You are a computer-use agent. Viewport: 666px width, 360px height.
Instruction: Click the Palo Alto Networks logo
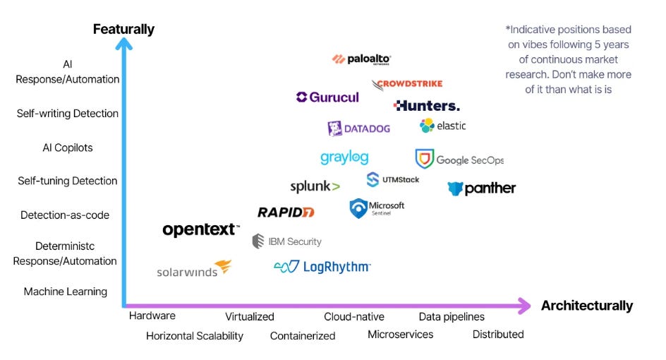click(361, 59)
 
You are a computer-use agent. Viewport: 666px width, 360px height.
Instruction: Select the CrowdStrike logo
click(408, 84)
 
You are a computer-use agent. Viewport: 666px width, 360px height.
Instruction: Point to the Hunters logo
click(427, 106)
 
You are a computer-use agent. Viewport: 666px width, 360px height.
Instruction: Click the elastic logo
click(442, 126)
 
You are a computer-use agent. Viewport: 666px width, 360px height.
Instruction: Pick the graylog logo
click(344, 157)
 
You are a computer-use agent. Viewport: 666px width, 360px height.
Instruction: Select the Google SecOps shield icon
click(424, 159)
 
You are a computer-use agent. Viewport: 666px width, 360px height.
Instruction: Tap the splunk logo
click(315, 186)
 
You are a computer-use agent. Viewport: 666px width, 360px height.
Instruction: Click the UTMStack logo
click(392, 179)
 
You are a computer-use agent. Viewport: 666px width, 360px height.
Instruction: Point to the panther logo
click(482, 188)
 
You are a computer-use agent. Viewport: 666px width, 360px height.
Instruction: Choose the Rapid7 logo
click(285, 212)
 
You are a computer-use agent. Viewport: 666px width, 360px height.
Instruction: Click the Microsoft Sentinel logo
click(377, 208)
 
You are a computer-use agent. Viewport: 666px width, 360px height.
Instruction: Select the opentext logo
click(201, 229)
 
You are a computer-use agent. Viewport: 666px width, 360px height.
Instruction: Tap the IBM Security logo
click(286, 241)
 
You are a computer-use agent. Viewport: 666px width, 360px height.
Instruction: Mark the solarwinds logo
click(194, 270)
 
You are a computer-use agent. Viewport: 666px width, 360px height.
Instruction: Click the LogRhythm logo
click(322, 267)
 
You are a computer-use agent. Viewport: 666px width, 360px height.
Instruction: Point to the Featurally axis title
click(123, 30)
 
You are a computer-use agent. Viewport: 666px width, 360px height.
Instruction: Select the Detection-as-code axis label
click(65, 215)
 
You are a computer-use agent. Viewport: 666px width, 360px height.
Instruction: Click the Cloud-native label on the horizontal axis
click(354, 317)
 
